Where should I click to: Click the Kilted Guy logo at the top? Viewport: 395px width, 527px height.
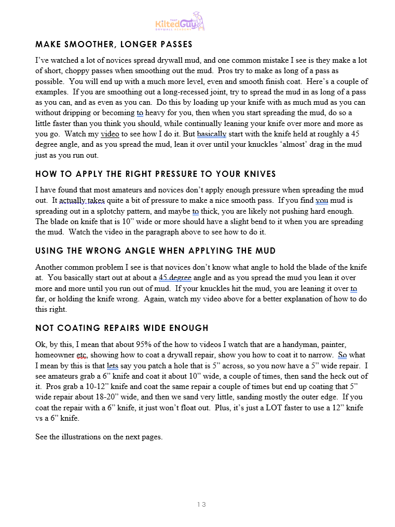(180, 21)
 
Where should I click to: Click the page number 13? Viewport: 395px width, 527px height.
(201, 504)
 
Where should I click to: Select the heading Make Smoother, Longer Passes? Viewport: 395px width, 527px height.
(114, 44)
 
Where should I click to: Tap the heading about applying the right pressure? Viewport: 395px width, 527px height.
(155, 174)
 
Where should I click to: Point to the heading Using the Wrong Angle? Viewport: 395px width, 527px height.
(155, 251)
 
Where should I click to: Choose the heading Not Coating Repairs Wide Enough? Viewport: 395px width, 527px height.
(121, 328)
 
